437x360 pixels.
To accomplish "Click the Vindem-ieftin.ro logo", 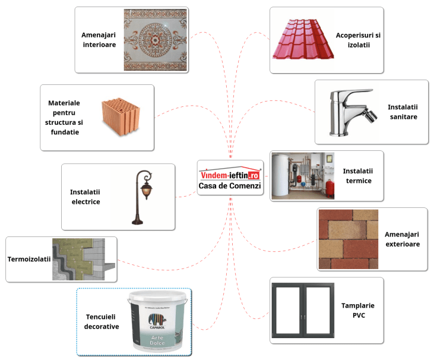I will [230, 175].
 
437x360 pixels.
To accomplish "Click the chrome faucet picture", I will [350, 112].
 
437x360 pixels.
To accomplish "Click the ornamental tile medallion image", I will [156, 40].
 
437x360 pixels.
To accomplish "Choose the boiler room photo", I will [302, 175].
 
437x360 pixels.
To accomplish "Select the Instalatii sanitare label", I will [403, 112].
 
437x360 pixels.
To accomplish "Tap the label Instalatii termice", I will [357, 176].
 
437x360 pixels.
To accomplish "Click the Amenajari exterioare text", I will [402, 239].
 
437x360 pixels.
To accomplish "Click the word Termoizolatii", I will [29, 259].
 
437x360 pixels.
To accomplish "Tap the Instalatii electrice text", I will [85, 197].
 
